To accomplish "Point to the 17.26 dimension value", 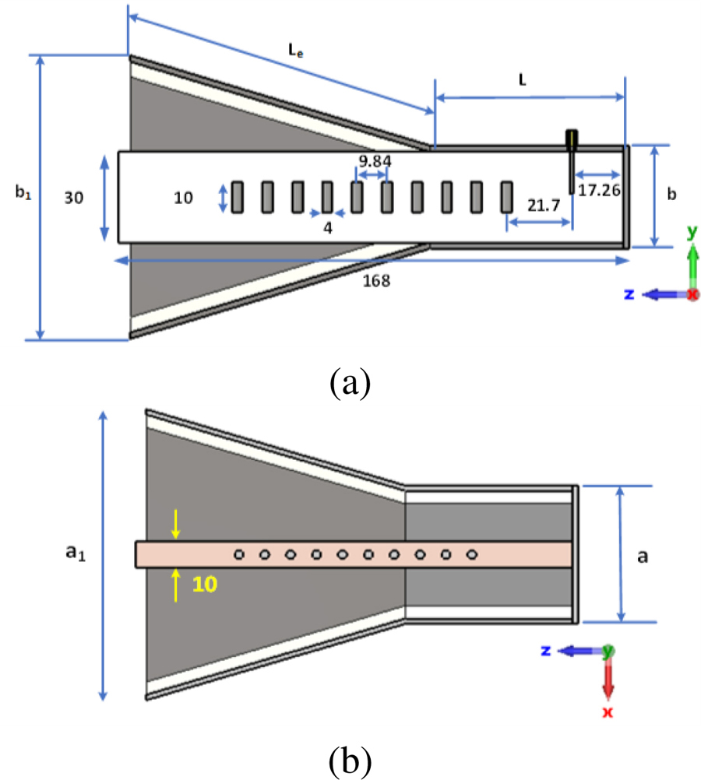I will tap(600, 188).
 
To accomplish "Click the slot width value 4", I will tap(327, 227).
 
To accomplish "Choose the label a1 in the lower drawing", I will tap(75, 553).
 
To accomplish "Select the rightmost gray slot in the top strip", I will tap(507, 197).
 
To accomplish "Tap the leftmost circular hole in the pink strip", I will tap(239, 554).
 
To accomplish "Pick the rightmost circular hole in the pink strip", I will tap(471, 554).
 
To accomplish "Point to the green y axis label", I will tap(691, 231).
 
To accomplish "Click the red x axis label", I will tap(608, 711).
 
